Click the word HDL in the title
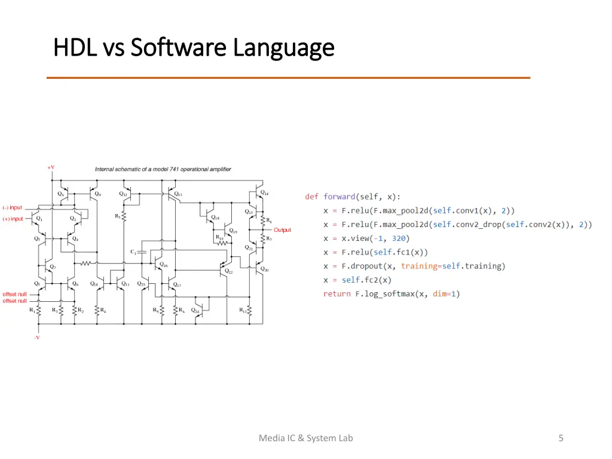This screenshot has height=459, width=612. tap(75, 47)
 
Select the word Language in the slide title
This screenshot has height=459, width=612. tap(284, 47)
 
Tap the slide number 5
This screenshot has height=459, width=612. tap(561, 438)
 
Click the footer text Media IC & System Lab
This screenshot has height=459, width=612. tap(305, 438)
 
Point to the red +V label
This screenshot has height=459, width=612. tap(51, 168)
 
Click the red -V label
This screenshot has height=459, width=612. tap(37, 338)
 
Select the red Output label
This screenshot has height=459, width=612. tap(282, 230)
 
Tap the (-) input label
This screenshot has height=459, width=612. tap(13, 208)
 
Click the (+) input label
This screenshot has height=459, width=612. tap(13, 219)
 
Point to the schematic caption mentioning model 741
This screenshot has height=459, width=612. tap(163, 169)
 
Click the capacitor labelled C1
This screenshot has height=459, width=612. tap(142, 252)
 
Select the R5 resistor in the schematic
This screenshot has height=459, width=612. tap(124, 216)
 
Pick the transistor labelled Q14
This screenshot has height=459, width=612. tap(259, 194)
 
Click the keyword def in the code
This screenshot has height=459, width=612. tap(311, 197)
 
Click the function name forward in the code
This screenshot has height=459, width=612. tap(339, 197)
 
